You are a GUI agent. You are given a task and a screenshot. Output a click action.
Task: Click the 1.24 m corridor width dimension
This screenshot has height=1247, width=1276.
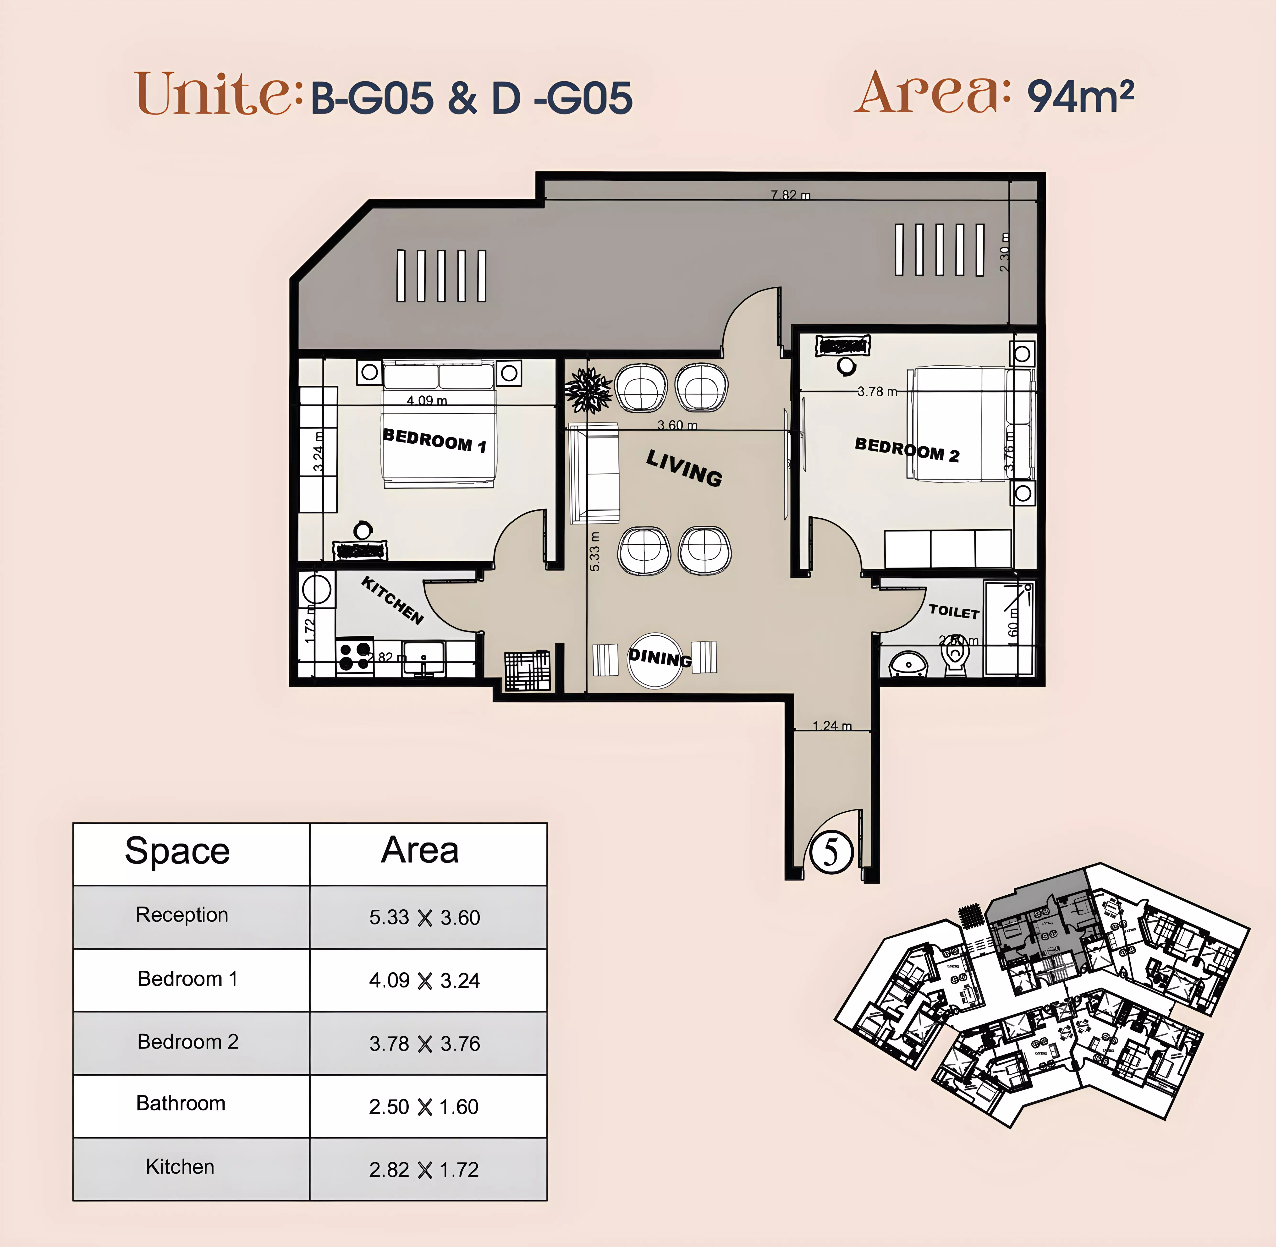click(832, 726)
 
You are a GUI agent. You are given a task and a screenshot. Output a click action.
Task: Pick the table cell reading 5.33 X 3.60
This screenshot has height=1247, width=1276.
click(424, 917)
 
